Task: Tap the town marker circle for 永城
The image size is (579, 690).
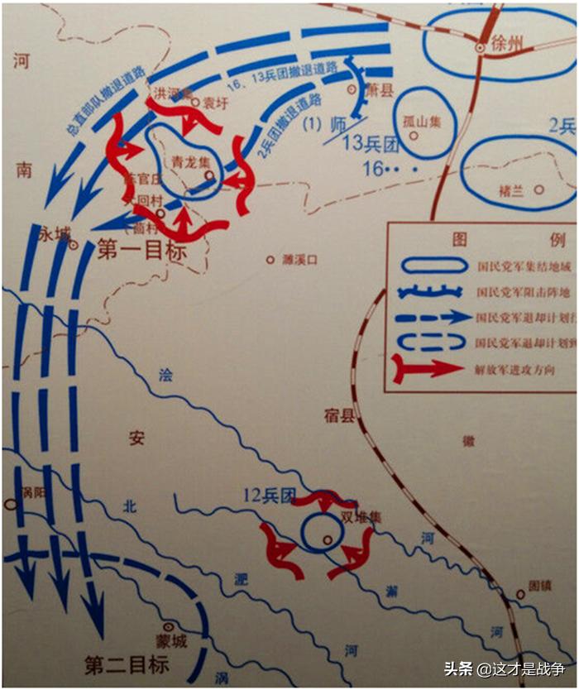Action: (x=74, y=245)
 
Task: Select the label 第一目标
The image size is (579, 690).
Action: (x=141, y=251)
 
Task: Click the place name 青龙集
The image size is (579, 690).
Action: (x=185, y=163)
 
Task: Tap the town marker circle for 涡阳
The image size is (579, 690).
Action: (x=11, y=501)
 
